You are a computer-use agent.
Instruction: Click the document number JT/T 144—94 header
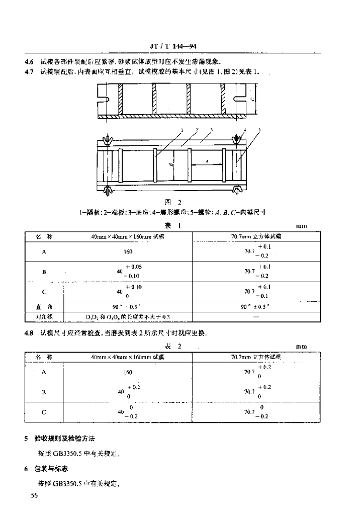172,46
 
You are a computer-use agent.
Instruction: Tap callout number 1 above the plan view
179,129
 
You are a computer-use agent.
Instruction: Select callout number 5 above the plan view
259,130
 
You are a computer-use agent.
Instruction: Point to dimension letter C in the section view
251,100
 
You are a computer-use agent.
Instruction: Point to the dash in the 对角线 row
256,316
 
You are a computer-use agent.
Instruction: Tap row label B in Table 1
44,272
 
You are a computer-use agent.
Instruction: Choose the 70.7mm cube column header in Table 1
256,236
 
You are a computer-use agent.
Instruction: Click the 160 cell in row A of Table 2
128,373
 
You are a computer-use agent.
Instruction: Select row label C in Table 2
44,412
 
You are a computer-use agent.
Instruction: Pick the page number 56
35,495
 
